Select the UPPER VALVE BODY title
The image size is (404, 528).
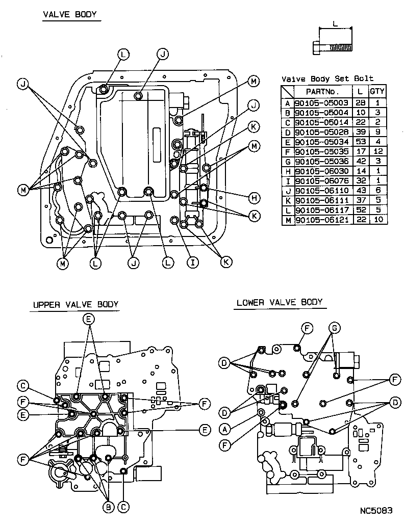tap(75, 305)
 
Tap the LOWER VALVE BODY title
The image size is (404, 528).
tap(280, 302)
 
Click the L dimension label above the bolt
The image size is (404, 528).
tap(335, 23)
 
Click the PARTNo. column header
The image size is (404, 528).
tap(322, 92)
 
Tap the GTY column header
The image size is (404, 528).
tap(377, 92)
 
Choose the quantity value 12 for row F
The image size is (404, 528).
tap(377, 151)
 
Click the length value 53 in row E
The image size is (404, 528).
tap(361, 141)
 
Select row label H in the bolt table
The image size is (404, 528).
tap(288, 171)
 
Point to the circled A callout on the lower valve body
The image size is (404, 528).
tap(224, 429)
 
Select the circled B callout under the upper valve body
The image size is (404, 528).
tap(108, 507)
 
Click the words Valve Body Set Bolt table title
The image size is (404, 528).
tap(327, 78)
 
